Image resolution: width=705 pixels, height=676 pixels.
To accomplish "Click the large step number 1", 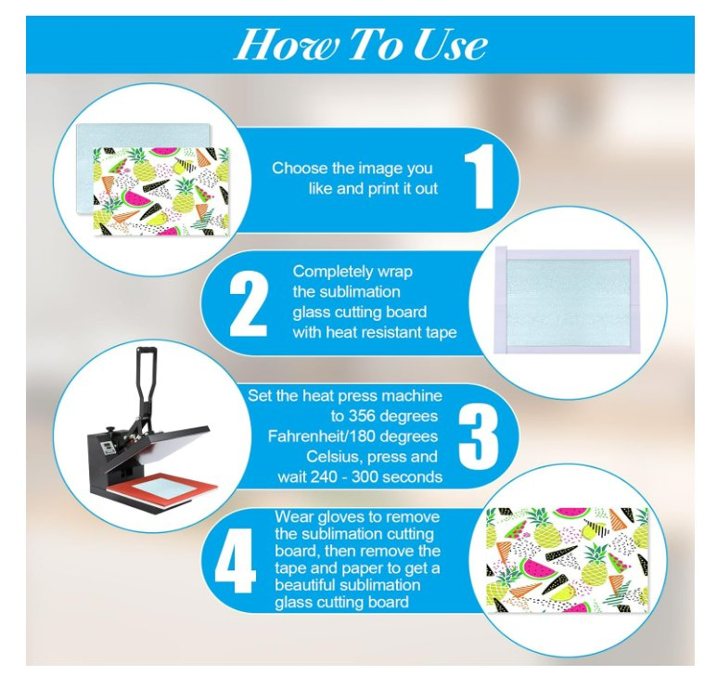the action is tap(480, 176).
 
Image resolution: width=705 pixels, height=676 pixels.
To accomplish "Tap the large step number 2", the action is tap(249, 303).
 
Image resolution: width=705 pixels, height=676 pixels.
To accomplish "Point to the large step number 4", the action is tap(235, 559).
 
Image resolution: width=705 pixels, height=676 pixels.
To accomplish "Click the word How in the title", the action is tap(284, 45).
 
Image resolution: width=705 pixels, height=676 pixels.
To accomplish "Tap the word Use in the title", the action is tap(449, 45).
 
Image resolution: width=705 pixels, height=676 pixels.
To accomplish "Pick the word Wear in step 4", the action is tap(294, 517).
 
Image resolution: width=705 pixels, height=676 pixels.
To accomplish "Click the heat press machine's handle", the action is tap(147, 376).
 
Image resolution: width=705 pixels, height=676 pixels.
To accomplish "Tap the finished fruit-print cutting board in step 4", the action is tap(568, 560).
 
